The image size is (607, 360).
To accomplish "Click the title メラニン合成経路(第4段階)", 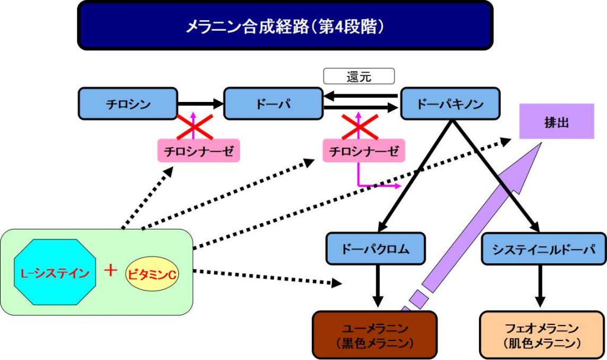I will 285,26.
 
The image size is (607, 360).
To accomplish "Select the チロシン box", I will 128,104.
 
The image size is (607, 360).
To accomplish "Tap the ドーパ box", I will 272,104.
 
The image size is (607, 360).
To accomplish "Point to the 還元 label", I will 359,77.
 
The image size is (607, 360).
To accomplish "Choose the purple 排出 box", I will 556,122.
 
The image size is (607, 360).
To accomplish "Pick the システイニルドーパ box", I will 538,249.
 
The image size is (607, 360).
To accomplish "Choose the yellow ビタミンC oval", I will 152,274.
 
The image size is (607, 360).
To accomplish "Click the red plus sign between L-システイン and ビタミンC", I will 110,271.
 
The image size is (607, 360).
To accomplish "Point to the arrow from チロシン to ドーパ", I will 200,104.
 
